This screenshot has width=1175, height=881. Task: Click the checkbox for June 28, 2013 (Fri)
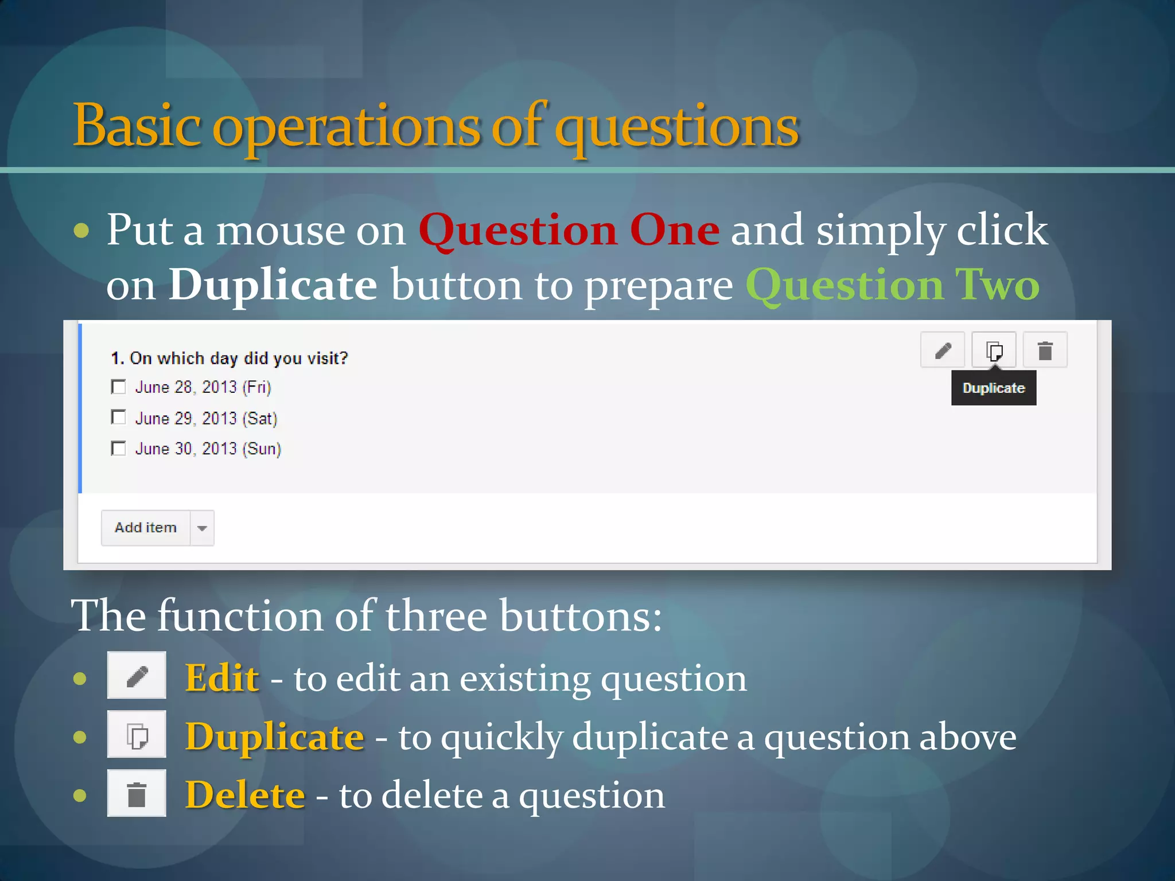118,387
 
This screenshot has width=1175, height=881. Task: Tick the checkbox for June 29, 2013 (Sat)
118,418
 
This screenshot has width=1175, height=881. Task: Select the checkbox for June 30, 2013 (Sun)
118,449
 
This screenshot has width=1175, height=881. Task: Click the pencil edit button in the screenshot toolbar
943,350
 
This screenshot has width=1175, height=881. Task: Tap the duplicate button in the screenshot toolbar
994,350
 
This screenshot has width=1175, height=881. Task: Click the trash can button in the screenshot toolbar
1045,350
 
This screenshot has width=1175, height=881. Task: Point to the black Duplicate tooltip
993,388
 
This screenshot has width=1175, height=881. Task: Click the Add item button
146,528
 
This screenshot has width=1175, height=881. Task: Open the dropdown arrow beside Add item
202,528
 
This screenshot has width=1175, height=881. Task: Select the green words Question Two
892,285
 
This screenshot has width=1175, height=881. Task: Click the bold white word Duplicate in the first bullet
273,285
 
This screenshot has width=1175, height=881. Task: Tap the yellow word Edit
222,678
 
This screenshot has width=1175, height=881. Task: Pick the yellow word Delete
245,795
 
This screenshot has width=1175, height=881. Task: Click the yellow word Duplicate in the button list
274,736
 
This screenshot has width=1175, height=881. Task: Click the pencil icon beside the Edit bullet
137,676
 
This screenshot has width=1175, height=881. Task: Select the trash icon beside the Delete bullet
137,793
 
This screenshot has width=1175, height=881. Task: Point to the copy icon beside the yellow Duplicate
137,735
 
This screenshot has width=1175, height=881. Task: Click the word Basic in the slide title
137,126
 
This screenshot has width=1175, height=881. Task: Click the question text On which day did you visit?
229,358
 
